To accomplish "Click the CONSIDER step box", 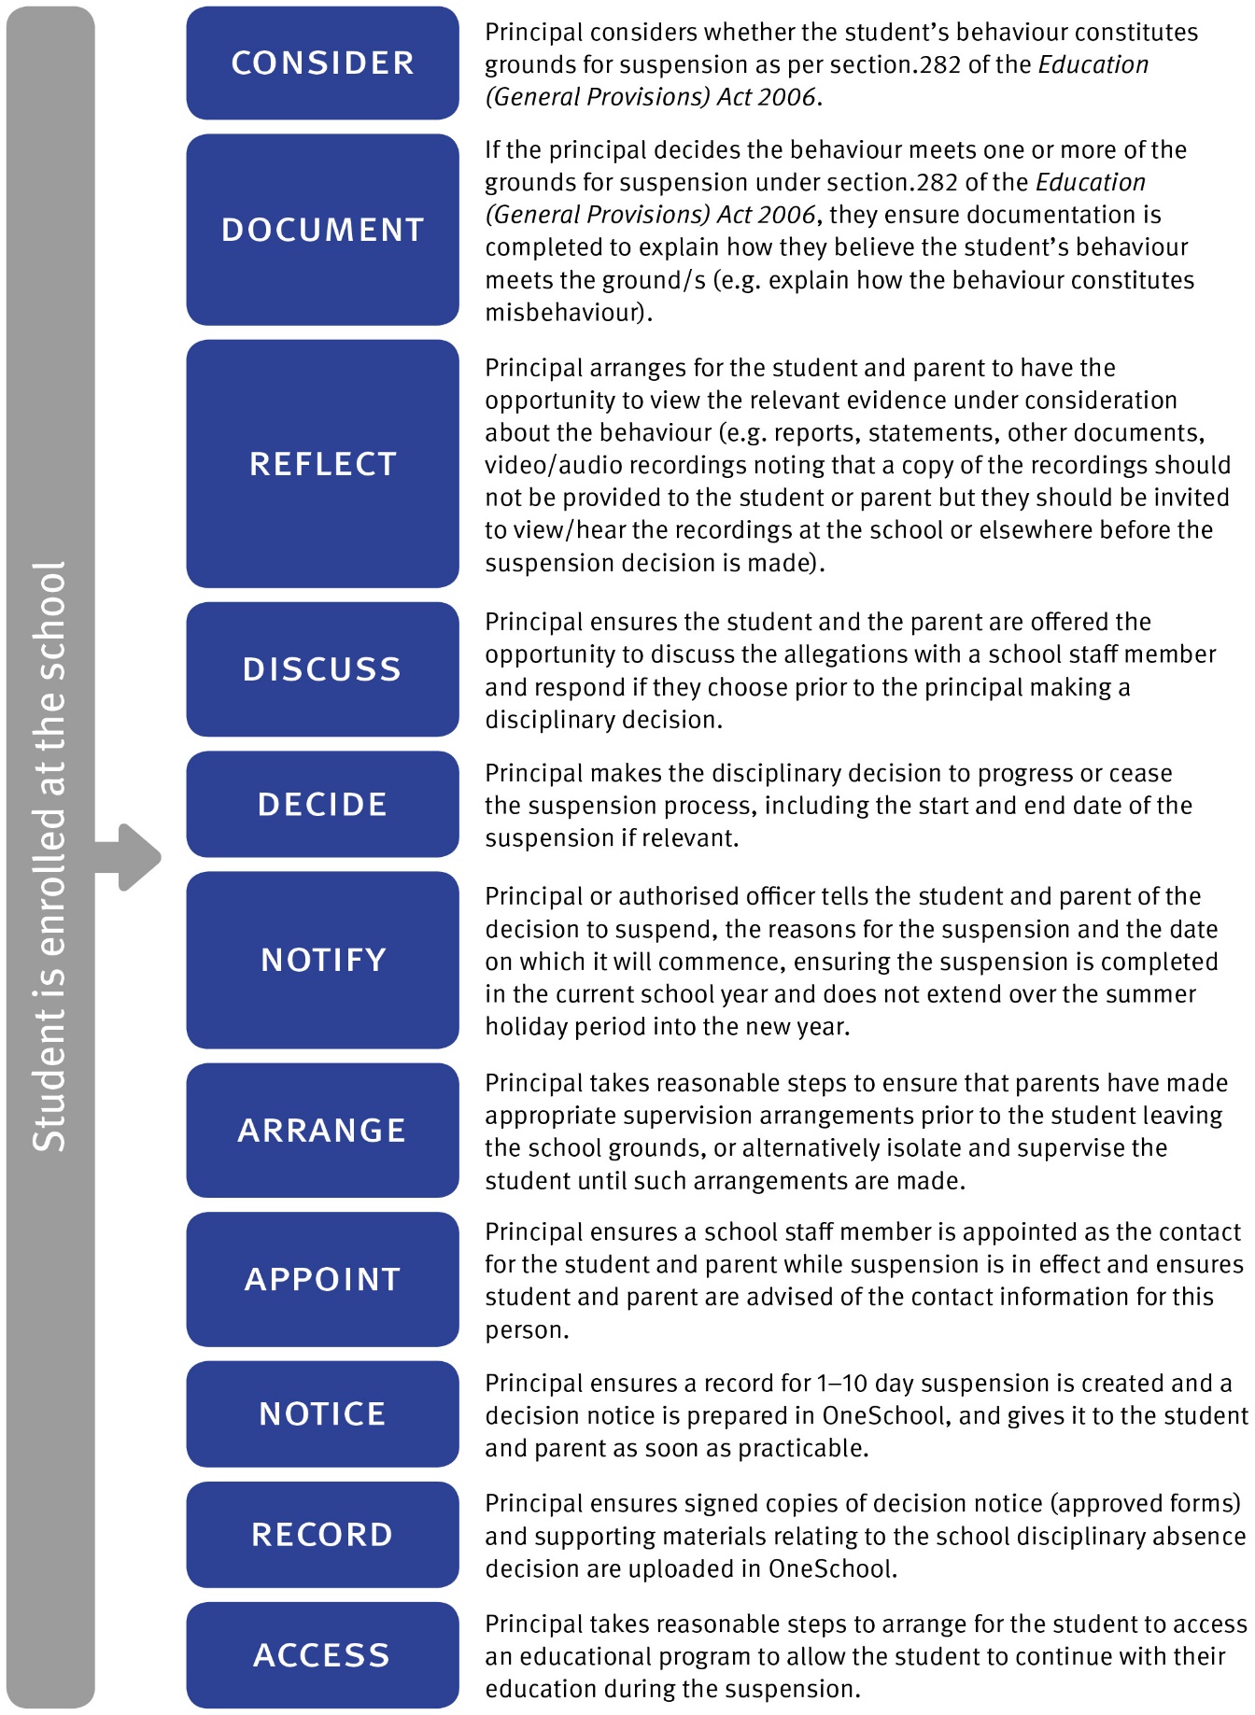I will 322,63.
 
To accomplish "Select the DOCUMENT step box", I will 322,230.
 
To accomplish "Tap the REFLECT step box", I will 322,464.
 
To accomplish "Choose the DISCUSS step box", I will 322,669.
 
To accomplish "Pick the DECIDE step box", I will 322,805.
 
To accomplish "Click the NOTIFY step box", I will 322,960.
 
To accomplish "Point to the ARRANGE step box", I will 322,1131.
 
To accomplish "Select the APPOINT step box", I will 322,1279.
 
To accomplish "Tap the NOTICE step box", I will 322,1413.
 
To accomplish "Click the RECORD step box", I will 322,1535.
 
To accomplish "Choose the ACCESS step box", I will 322,1655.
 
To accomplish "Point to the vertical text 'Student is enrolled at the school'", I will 49,856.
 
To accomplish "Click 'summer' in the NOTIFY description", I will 1150,994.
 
